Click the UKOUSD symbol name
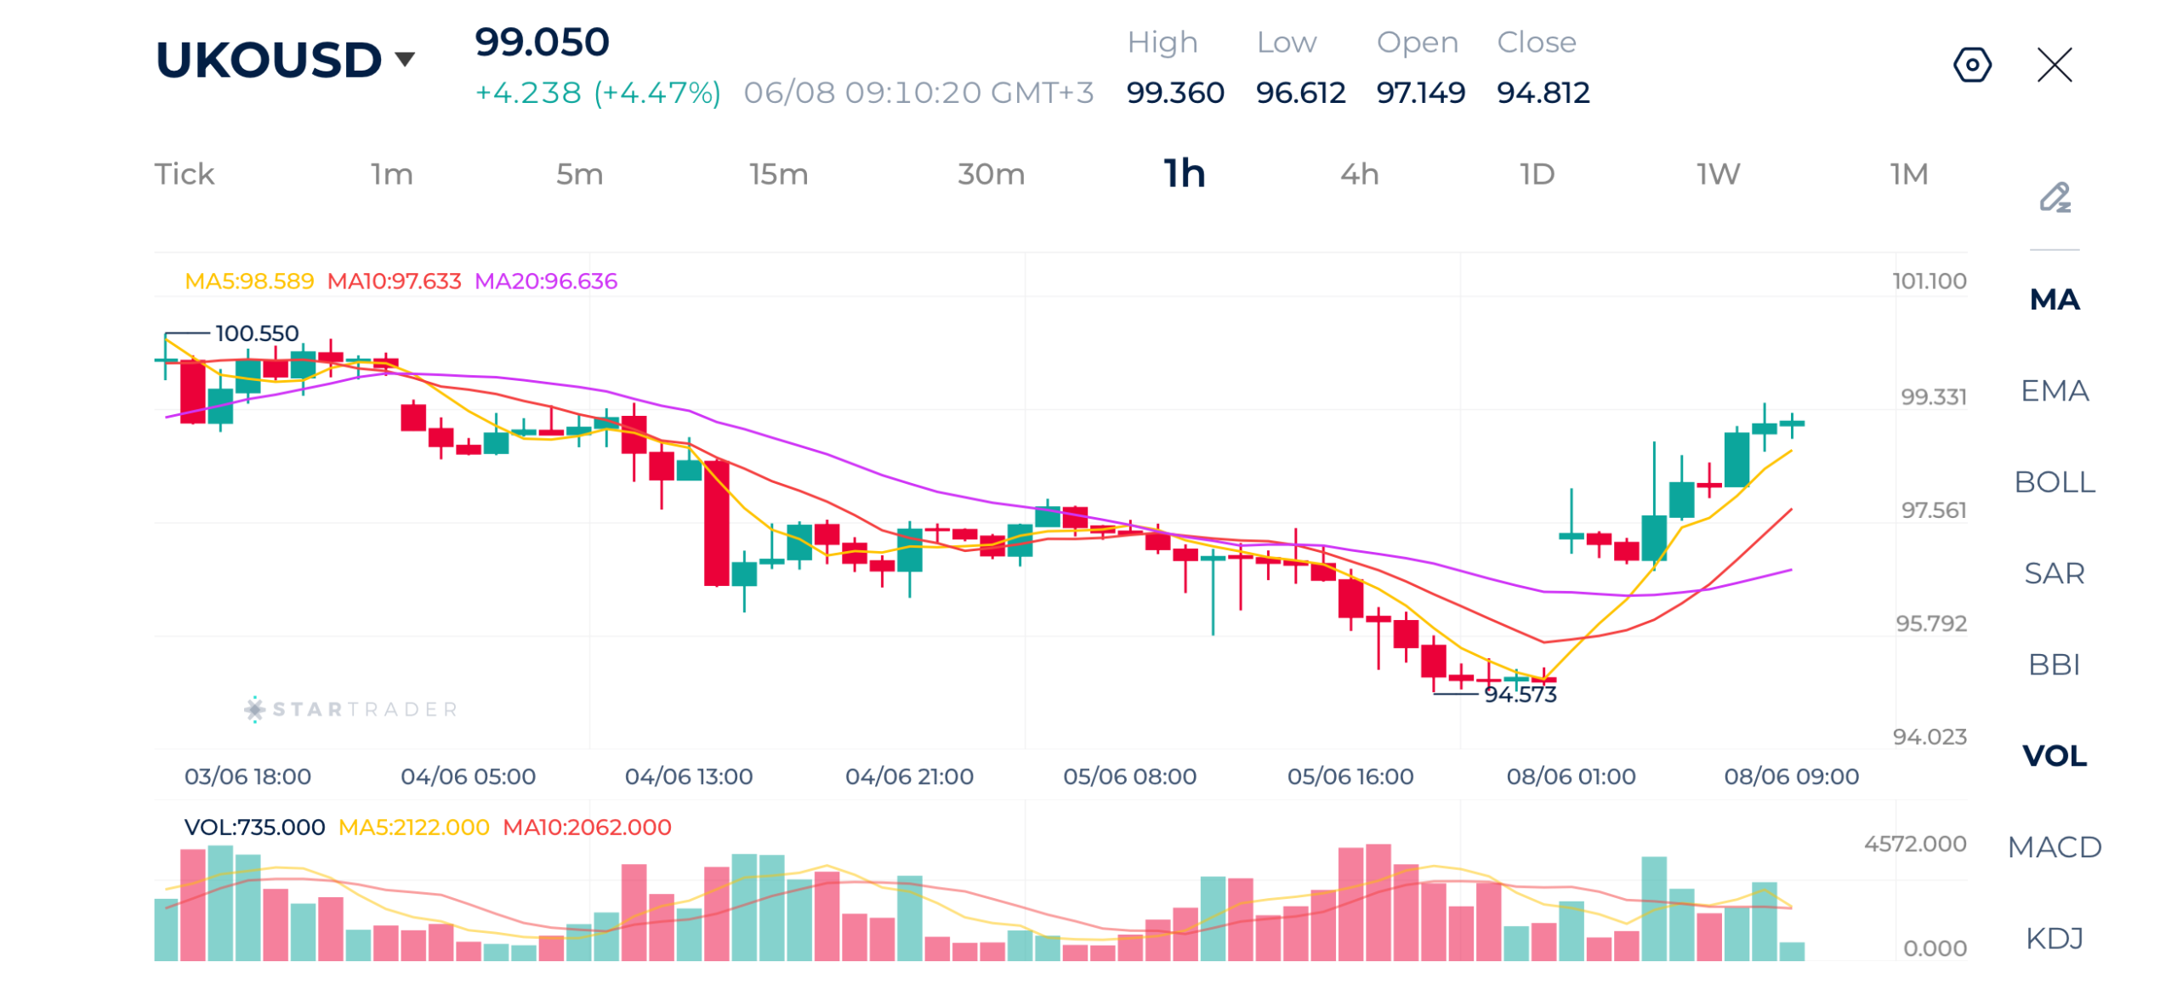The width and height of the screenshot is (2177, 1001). coord(268,60)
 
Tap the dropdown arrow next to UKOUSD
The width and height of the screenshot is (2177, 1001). coord(405,59)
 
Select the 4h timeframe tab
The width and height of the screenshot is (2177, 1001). coord(1359,173)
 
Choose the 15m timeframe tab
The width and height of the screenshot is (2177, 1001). coord(778,173)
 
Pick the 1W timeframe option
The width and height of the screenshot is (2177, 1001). coord(1718,173)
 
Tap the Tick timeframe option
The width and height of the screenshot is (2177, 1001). coord(185,173)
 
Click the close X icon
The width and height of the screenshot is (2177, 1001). coord(2054,65)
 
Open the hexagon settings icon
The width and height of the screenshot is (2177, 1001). coord(1971,65)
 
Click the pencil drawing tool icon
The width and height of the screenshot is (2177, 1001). coord(2054,197)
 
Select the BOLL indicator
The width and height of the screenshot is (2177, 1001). coord(2054,481)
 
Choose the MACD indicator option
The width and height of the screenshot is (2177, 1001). coord(2054,846)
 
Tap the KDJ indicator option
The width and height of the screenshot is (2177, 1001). coord(2054,937)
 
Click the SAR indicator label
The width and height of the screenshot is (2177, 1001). coord(2054,572)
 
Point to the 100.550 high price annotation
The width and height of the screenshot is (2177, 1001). coord(257,333)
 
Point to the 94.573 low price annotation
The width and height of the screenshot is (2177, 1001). coord(1520,694)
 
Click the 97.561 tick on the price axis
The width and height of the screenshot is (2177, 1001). coord(1933,509)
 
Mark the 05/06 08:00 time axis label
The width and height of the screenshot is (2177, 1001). coord(1129,776)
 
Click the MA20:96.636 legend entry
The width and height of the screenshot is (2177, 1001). coord(545,281)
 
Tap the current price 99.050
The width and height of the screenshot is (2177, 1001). coord(542,42)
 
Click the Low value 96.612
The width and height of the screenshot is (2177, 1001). coord(1300,92)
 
